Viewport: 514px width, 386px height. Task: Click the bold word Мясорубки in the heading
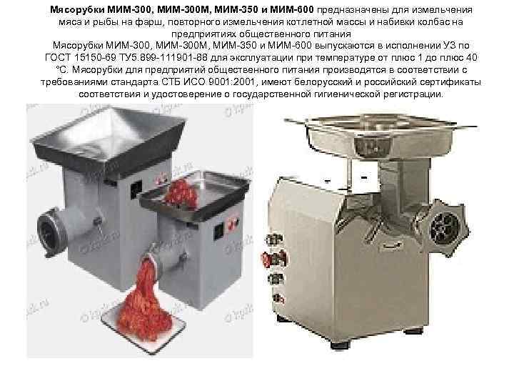click(77, 10)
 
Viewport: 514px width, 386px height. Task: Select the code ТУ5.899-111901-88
click(163, 58)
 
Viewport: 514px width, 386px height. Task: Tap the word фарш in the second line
click(149, 23)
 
